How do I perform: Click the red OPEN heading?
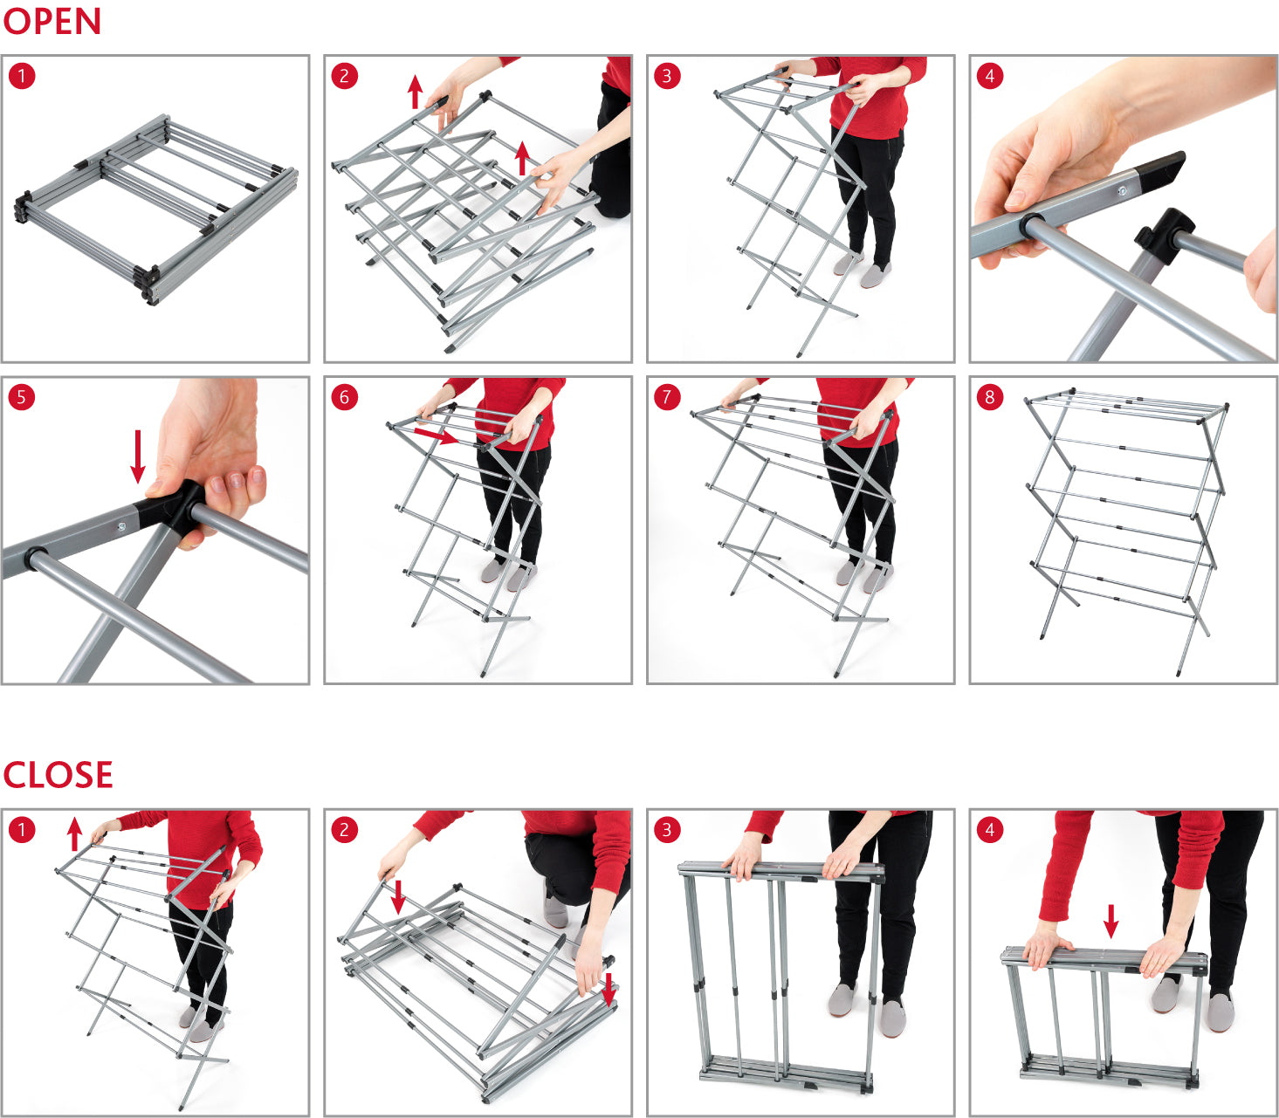coord(52,21)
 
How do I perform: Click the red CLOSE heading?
coord(58,775)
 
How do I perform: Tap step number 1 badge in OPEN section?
coord(21,76)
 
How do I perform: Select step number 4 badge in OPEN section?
coord(989,76)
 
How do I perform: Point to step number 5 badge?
coord(21,397)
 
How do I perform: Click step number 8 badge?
coord(989,397)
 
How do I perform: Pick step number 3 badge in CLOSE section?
coord(666,829)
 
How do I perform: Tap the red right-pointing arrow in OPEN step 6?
coord(436,435)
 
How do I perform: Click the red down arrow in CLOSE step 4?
coord(1111,921)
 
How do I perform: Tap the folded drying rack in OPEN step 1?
coord(155,209)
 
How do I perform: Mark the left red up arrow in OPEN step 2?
coord(416,92)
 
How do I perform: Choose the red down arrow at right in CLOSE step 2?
coord(609,988)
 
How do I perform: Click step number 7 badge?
coord(666,397)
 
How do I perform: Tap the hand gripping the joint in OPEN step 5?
coord(214,454)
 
